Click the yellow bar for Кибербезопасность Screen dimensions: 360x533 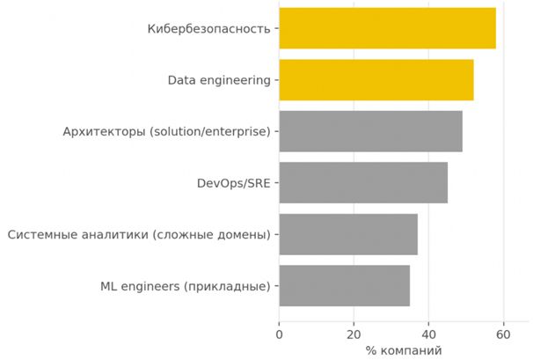(387, 28)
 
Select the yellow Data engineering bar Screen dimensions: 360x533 (376, 80)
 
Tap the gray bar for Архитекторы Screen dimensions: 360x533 (370, 132)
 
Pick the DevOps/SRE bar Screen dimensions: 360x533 (362, 183)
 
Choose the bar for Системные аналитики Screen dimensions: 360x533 (347, 234)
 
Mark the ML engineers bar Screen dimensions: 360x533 (344, 285)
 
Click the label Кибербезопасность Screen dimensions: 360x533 (208, 29)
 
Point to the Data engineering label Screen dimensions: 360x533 (219, 80)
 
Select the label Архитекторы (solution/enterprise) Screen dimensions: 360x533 (166, 132)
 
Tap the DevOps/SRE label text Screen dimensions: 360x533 (233, 183)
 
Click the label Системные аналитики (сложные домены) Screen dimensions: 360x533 (138, 234)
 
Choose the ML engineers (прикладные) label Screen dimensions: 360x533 (185, 285)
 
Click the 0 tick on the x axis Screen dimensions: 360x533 (279, 334)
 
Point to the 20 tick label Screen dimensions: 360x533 (354, 334)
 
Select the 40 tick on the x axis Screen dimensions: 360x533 (428, 334)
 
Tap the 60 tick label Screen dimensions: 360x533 (503, 334)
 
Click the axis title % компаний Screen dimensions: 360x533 (404, 350)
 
